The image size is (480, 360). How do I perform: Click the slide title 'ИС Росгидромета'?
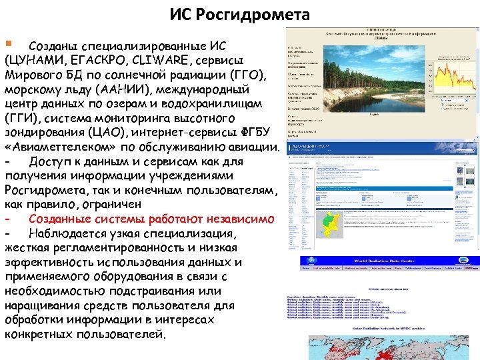pos(239,14)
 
